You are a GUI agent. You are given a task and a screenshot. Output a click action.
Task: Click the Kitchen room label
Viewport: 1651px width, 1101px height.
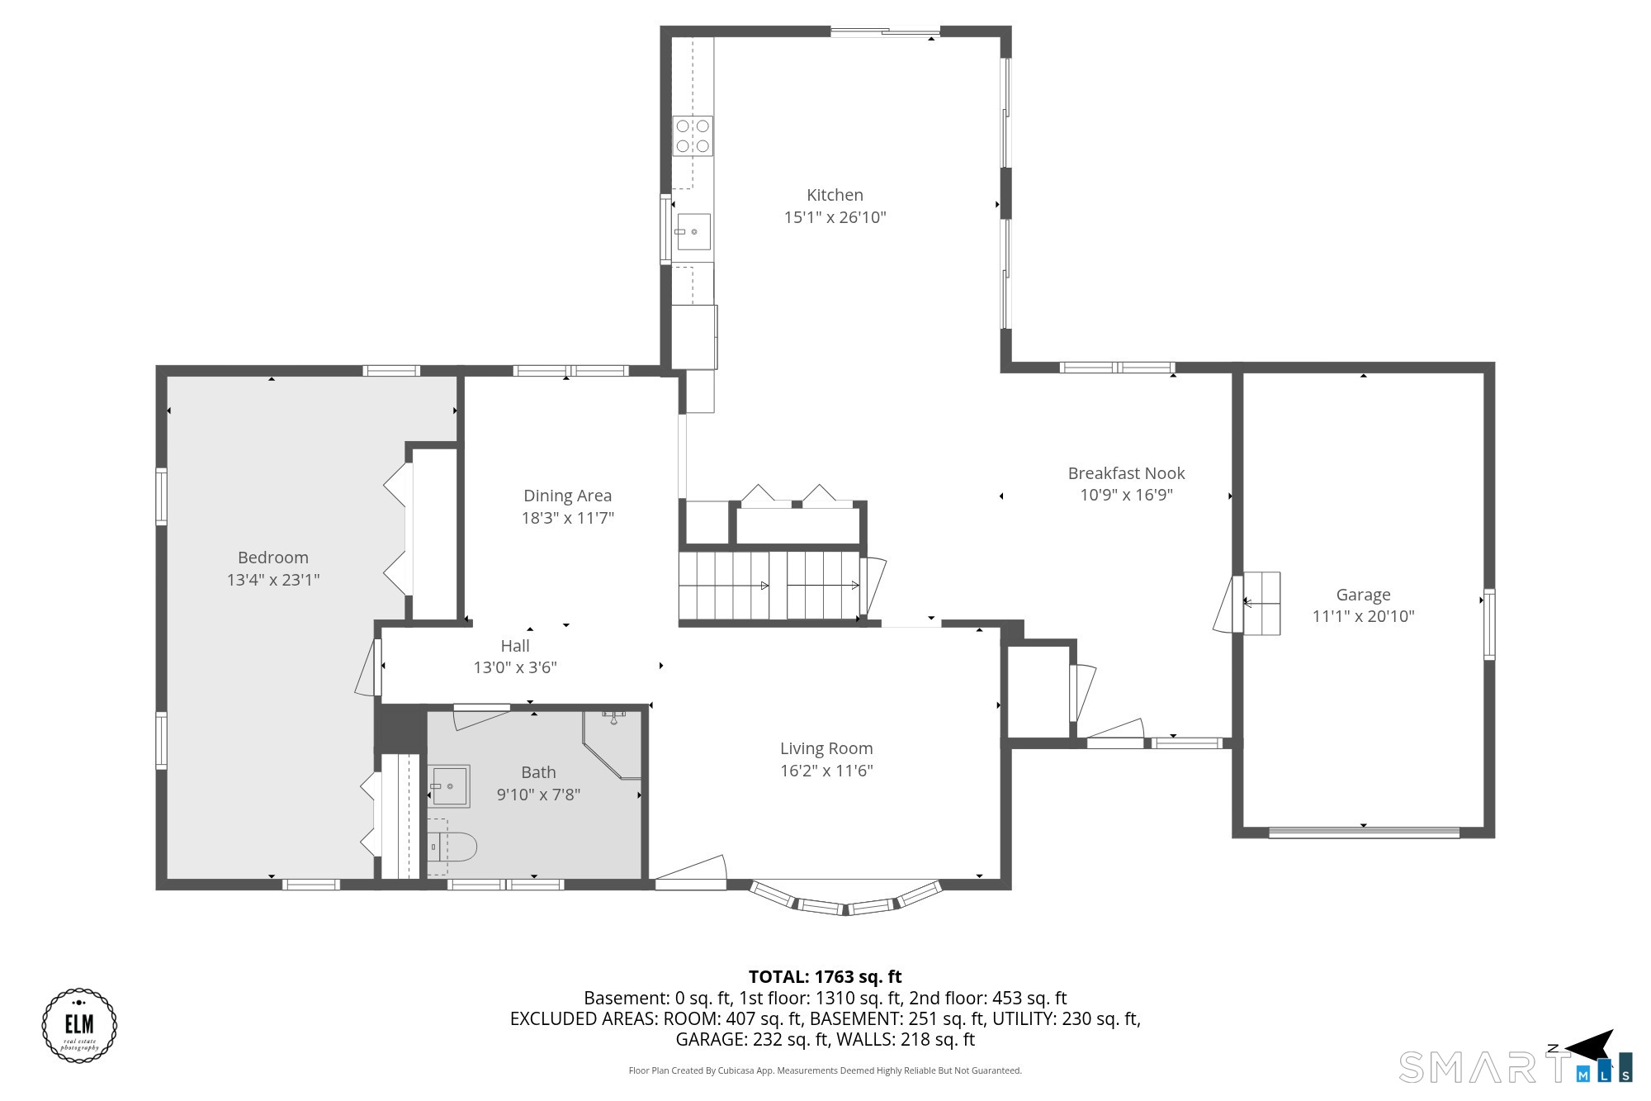835,195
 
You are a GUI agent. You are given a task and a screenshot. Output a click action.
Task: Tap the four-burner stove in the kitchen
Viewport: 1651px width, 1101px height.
693,136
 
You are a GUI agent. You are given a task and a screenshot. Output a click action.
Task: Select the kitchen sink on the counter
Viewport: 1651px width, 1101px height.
693,232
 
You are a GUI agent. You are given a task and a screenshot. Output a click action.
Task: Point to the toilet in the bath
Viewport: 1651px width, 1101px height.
452,847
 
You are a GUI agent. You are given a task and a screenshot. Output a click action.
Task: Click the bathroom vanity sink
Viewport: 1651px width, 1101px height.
449,785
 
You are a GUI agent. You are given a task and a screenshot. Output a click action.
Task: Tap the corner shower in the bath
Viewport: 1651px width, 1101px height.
612,744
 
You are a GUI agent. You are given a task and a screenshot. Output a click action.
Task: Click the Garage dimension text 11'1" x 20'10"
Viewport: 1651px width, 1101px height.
1363,616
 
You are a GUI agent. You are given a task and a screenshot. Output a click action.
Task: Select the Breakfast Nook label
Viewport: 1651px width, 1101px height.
1126,473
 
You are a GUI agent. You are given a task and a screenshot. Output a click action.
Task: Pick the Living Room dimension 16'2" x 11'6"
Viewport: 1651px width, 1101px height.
826,771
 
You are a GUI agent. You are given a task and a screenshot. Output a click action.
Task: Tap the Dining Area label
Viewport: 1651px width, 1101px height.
567,496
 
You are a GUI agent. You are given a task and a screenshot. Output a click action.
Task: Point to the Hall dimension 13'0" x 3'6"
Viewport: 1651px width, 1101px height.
515,667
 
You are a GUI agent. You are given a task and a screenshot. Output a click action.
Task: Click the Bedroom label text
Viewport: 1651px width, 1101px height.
272,558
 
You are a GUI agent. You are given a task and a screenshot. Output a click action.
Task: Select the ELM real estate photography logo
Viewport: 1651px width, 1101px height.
79,1025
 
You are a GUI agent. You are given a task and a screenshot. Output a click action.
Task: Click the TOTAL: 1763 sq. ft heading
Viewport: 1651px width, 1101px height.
825,976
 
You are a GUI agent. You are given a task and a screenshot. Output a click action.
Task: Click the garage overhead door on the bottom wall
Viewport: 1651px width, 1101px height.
1364,833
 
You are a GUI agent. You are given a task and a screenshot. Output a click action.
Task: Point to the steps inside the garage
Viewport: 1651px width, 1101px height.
1261,603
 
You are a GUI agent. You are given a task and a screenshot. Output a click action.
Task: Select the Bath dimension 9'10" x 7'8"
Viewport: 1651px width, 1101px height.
538,795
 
